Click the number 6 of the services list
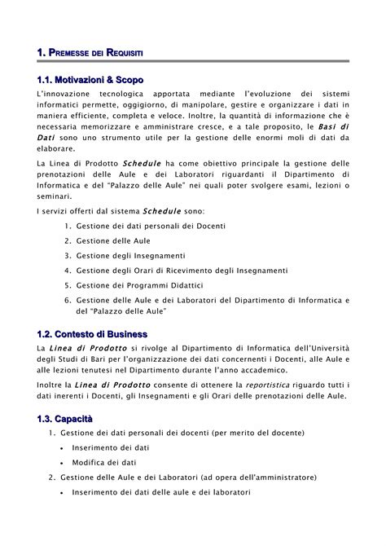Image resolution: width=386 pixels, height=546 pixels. click(x=66, y=300)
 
